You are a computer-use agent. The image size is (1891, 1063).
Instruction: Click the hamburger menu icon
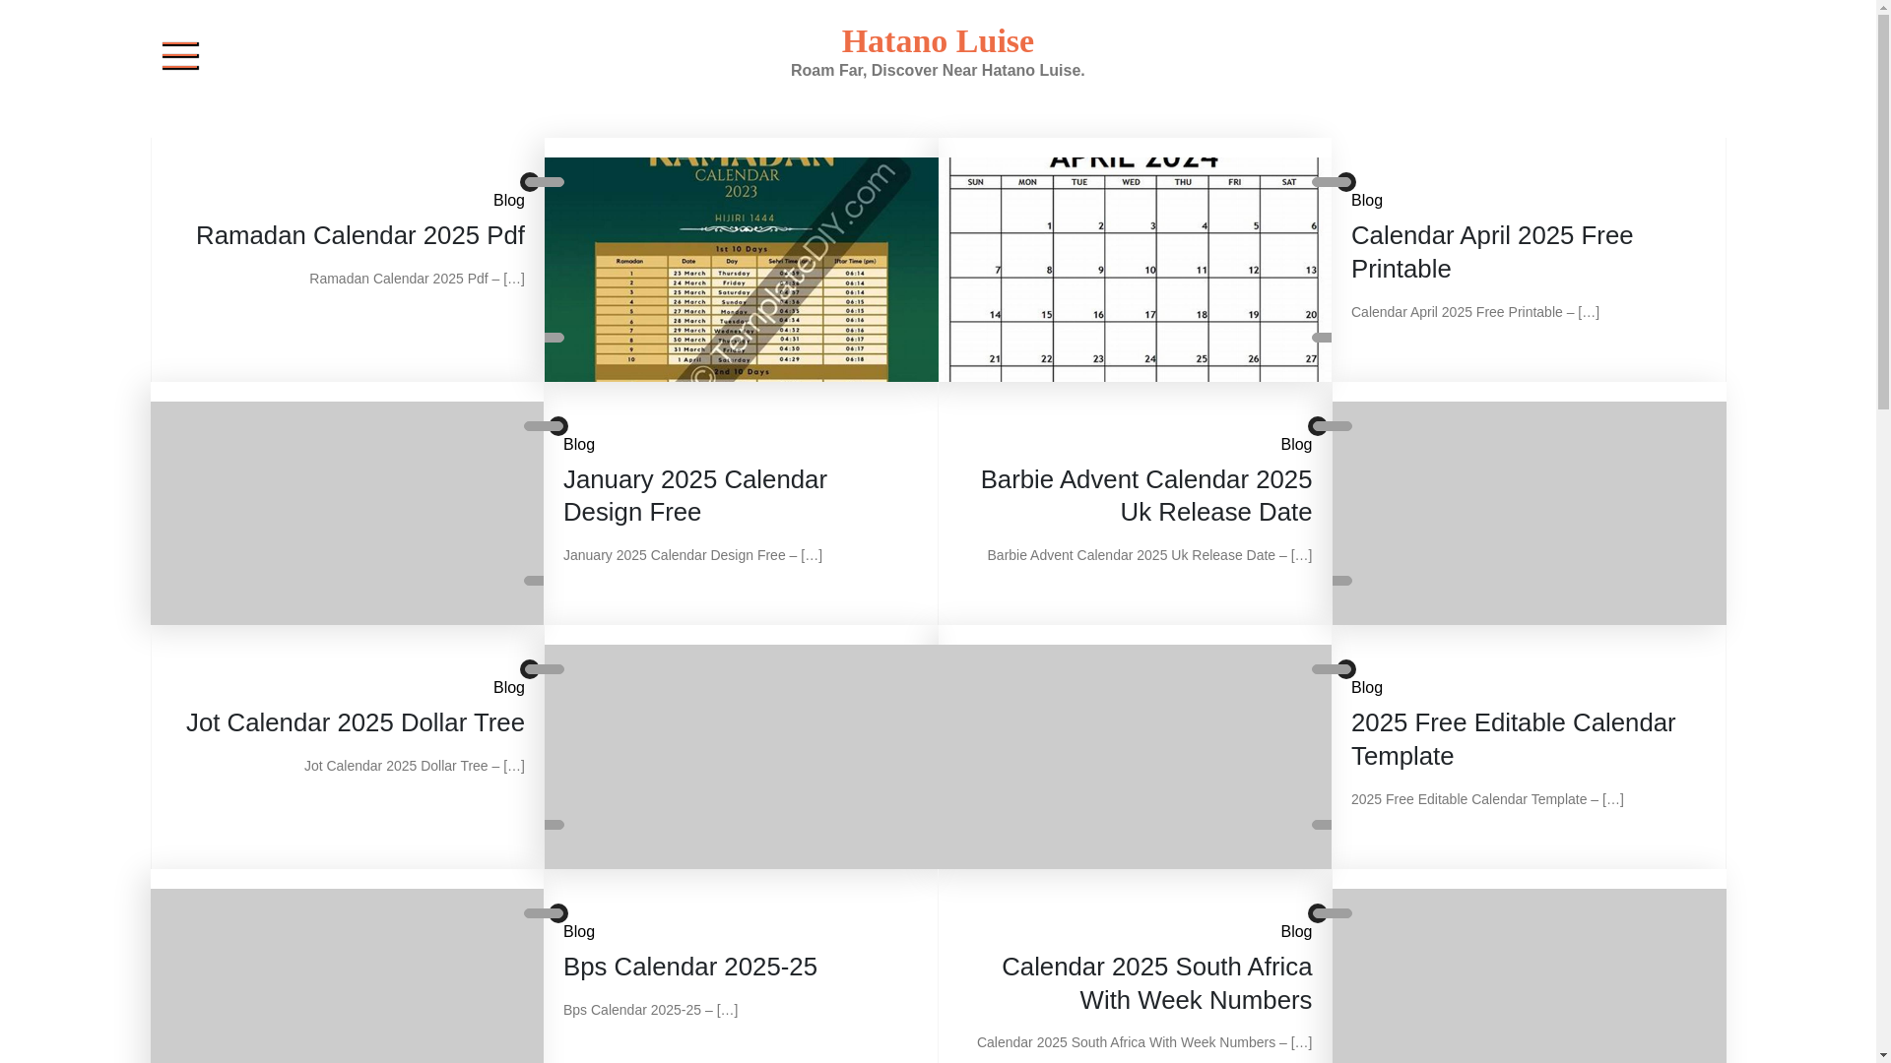tap(180, 56)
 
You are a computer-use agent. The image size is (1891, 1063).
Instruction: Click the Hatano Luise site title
tap(937, 41)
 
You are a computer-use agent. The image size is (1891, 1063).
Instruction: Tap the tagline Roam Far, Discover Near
tap(937, 71)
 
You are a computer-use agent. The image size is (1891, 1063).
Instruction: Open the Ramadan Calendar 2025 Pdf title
tap(359, 235)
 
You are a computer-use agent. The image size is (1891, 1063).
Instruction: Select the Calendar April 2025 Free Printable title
tap(1491, 252)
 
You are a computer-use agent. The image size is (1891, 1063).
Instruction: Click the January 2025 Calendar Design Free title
tap(694, 495)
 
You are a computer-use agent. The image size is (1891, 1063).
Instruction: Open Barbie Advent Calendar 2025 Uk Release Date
tap(1145, 495)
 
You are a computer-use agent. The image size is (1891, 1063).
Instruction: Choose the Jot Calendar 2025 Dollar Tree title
tap(355, 722)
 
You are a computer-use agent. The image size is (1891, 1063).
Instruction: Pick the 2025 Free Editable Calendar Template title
tap(1512, 739)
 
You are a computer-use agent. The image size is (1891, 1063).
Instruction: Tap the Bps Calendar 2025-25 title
tap(689, 967)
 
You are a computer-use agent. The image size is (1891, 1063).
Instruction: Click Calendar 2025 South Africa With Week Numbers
tap(1156, 983)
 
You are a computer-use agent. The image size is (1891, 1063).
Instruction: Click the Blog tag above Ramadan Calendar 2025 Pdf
tap(508, 201)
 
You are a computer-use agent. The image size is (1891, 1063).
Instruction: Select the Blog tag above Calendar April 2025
tap(1366, 201)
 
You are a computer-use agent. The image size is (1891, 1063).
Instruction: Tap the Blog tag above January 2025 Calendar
tap(578, 445)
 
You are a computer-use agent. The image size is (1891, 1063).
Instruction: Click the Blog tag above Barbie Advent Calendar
tap(1295, 445)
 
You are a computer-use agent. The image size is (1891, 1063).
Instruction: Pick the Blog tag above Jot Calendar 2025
tap(508, 688)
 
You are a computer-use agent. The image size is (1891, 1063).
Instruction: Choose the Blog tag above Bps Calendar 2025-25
tap(578, 932)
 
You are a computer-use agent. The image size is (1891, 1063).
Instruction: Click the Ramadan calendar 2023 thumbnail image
tap(741, 269)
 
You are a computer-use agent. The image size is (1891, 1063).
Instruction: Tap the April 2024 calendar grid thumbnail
tap(1134, 269)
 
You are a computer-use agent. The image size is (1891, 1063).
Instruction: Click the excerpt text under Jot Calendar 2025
tap(414, 766)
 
